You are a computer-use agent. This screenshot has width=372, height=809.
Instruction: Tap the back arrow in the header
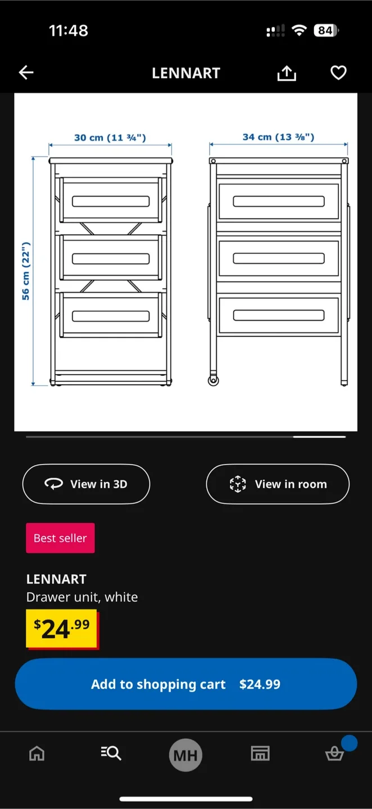tap(26, 72)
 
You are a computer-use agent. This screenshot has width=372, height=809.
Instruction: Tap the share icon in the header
tap(287, 73)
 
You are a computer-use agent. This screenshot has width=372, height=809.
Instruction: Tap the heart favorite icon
tap(338, 73)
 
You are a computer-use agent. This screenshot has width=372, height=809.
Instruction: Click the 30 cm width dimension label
tap(110, 138)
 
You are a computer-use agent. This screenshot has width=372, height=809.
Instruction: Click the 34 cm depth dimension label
tap(278, 137)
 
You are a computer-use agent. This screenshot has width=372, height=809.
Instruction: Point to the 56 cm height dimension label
tap(26, 271)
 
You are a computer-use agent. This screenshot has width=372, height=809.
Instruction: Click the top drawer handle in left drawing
tap(111, 201)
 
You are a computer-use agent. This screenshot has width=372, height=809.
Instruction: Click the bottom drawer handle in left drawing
tap(111, 316)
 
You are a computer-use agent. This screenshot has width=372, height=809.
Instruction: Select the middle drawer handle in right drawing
tap(279, 258)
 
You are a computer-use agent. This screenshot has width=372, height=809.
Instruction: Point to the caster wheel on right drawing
tap(214, 381)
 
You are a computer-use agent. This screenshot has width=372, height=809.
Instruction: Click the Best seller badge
tap(60, 538)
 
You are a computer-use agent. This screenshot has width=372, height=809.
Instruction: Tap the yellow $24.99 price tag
tap(62, 629)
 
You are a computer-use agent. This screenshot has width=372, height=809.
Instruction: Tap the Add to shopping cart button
tap(186, 684)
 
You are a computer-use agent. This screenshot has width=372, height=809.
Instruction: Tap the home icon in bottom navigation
tap(37, 753)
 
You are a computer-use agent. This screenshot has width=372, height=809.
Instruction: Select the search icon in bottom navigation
tap(111, 753)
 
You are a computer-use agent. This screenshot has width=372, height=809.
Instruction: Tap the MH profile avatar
tap(185, 755)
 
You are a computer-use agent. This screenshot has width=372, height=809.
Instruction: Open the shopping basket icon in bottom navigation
tap(335, 753)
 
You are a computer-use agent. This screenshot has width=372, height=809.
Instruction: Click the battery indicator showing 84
tap(326, 30)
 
